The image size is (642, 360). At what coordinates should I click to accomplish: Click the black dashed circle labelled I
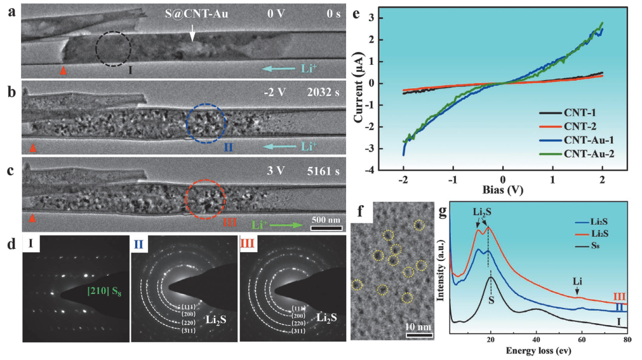point(113,48)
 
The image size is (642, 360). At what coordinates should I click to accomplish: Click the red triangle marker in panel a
point(63,70)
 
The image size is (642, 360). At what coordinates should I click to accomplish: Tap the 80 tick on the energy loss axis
point(627,340)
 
